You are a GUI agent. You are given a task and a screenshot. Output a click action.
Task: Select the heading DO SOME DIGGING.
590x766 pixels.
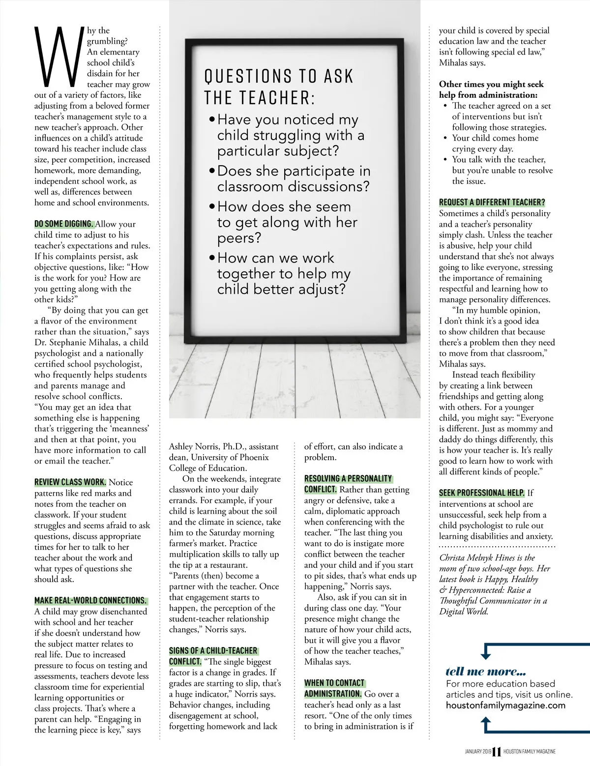(64, 224)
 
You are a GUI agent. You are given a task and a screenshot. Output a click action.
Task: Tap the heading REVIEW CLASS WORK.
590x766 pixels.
(70, 482)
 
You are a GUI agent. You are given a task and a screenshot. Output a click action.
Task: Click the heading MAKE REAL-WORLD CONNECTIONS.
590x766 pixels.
(90, 601)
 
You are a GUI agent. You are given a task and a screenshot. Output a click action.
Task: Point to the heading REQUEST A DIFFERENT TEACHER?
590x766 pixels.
(492, 203)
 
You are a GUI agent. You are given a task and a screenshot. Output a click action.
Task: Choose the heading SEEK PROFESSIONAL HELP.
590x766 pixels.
(481, 493)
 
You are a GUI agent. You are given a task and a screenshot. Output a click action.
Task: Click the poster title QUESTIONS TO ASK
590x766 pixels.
(279, 77)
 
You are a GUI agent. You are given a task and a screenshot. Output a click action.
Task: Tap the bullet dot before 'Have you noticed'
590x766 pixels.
(212, 120)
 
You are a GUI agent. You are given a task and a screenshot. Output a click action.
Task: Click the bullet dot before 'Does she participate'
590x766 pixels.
(212, 171)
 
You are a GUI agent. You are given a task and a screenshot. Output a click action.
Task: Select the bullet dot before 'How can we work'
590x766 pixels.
(212, 258)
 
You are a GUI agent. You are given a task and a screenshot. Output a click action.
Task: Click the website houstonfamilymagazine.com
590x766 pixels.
(505, 706)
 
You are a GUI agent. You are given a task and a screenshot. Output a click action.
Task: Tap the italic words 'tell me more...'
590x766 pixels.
(485, 672)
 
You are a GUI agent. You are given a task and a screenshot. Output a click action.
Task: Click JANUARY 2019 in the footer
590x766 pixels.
(478, 752)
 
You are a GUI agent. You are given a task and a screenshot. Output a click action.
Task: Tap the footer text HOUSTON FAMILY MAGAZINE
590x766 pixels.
(529, 752)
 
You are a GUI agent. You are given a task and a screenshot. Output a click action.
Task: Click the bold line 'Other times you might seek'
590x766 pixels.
(491, 84)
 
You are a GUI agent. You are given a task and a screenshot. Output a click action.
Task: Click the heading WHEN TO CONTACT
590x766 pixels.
(334, 683)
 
